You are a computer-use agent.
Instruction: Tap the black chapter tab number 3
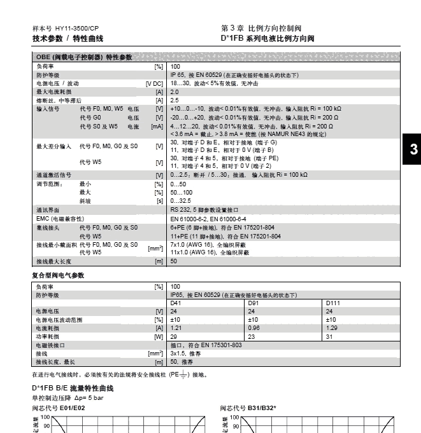pyautogui.click(x=413, y=150)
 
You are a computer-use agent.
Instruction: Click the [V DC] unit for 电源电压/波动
pyautogui.click(x=154, y=84)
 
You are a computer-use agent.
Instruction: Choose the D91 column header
pyautogui.click(x=253, y=303)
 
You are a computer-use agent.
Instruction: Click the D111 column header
pyautogui.click(x=333, y=303)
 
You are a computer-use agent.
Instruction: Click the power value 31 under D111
pyautogui.click(x=329, y=336)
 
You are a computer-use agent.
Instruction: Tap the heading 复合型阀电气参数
pyautogui.click(x=58, y=275)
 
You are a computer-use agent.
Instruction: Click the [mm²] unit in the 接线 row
pyautogui.click(x=155, y=353)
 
